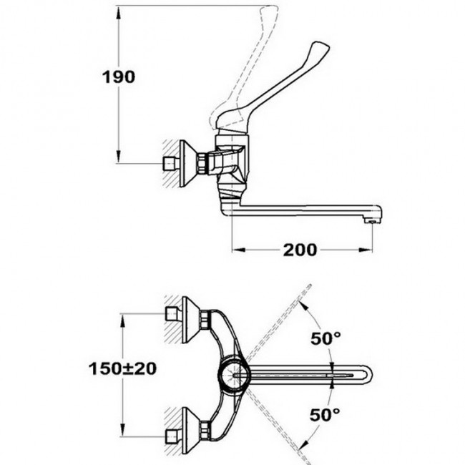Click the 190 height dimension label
119,77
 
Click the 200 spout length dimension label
300,250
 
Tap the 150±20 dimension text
122,369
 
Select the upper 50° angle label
325,338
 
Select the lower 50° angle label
325,415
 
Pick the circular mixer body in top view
235,375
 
